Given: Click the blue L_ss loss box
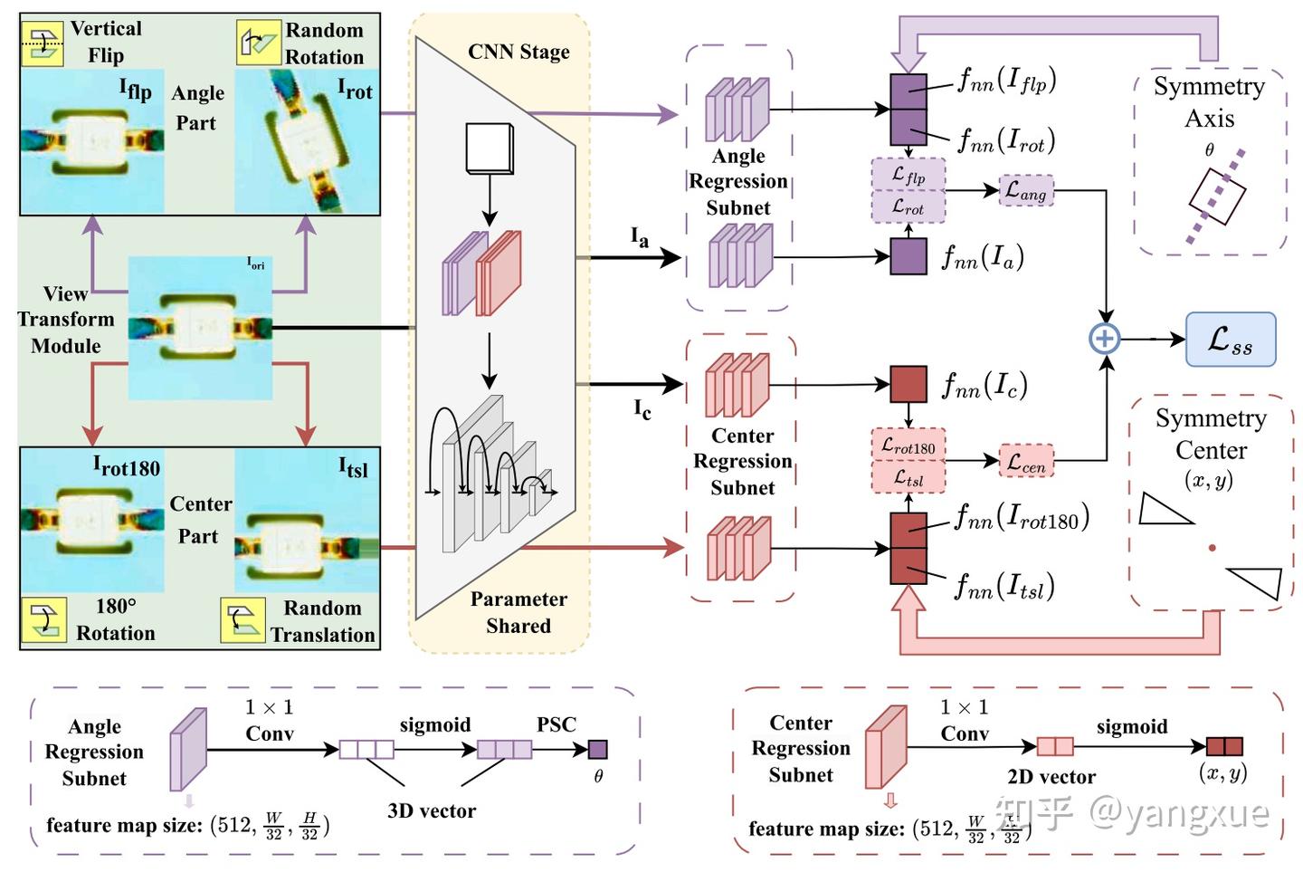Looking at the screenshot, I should [1230, 340].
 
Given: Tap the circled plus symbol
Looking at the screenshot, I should [1104, 339].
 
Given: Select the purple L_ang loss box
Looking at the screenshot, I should [1026, 190].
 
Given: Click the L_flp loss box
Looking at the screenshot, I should [908, 175].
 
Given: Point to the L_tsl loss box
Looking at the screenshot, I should [908, 477].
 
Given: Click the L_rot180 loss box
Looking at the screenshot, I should [908, 446].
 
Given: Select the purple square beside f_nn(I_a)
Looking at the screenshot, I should [908, 256].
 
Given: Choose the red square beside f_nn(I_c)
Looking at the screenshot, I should [908, 384].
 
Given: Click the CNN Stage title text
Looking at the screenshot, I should [518, 52].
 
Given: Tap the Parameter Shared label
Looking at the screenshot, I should [518, 612].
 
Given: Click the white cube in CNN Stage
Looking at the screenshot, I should [489, 148].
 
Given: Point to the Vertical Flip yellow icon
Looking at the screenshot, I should [42, 43].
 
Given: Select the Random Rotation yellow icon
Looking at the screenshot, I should [259, 43].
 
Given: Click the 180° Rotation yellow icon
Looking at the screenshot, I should [43, 620].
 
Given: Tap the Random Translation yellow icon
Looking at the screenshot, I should [243, 620].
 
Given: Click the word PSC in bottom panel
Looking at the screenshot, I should [556, 724].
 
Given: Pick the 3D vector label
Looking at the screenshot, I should [432, 810].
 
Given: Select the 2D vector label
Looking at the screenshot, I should [1051, 776].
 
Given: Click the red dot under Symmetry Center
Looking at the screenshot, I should [1212, 547].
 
